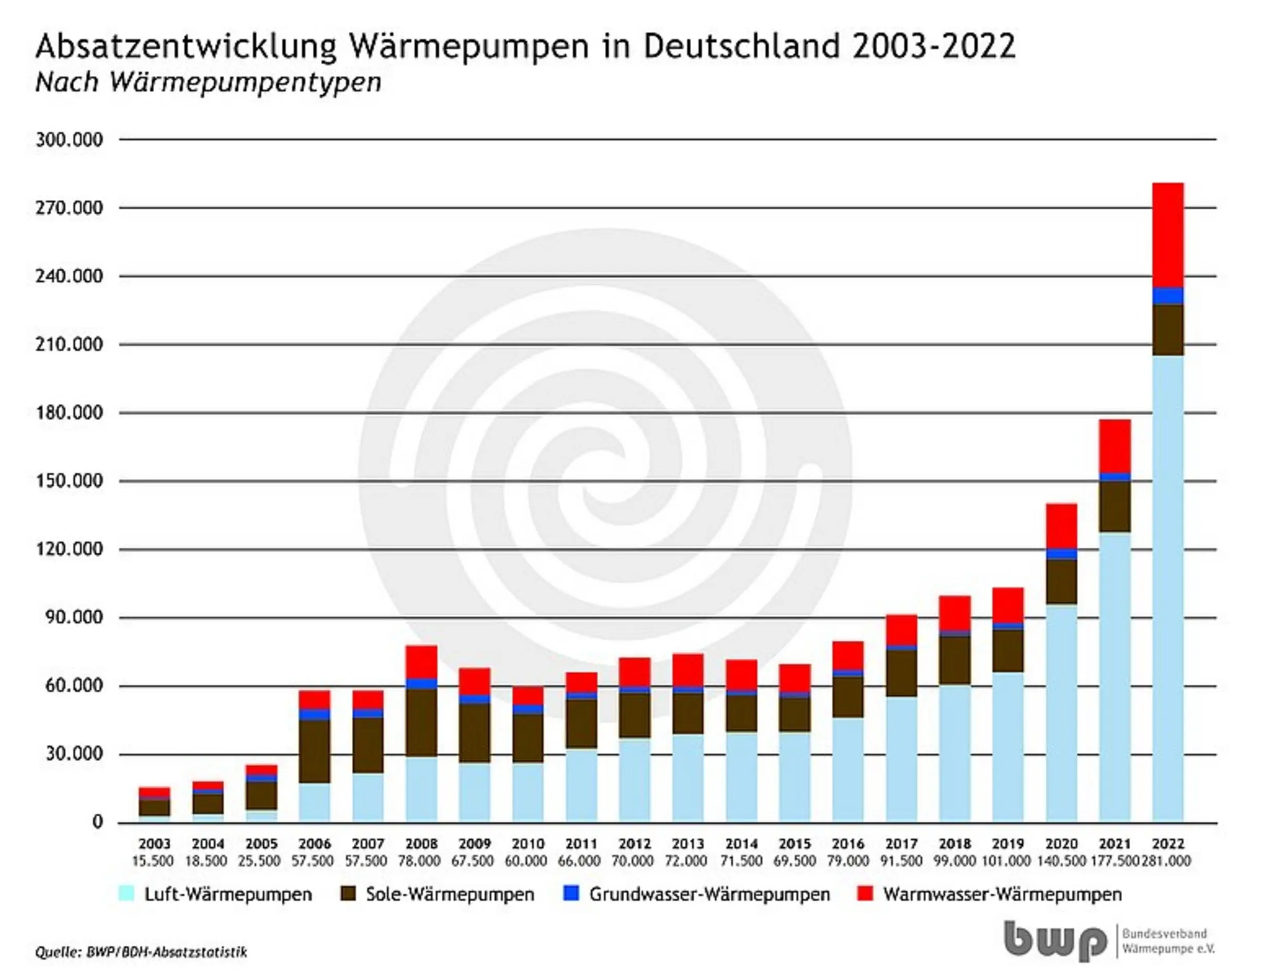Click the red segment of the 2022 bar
click(1168, 234)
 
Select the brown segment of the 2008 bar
click(421, 722)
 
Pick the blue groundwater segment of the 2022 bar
click(1168, 296)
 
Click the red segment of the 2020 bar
click(1061, 526)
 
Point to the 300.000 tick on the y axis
click(69, 139)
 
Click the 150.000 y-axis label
click(69, 481)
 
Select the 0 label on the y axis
click(97, 822)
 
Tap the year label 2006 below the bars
click(315, 843)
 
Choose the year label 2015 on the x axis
click(794, 843)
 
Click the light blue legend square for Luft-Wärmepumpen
click(127, 895)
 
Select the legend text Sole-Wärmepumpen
click(449, 895)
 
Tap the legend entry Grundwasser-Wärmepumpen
click(709, 895)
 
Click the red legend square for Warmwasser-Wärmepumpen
click(864, 895)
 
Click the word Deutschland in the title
click(742, 46)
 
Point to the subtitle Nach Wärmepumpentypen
click(208, 82)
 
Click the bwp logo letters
click(1054, 941)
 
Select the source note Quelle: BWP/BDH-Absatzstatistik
click(141, 952)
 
